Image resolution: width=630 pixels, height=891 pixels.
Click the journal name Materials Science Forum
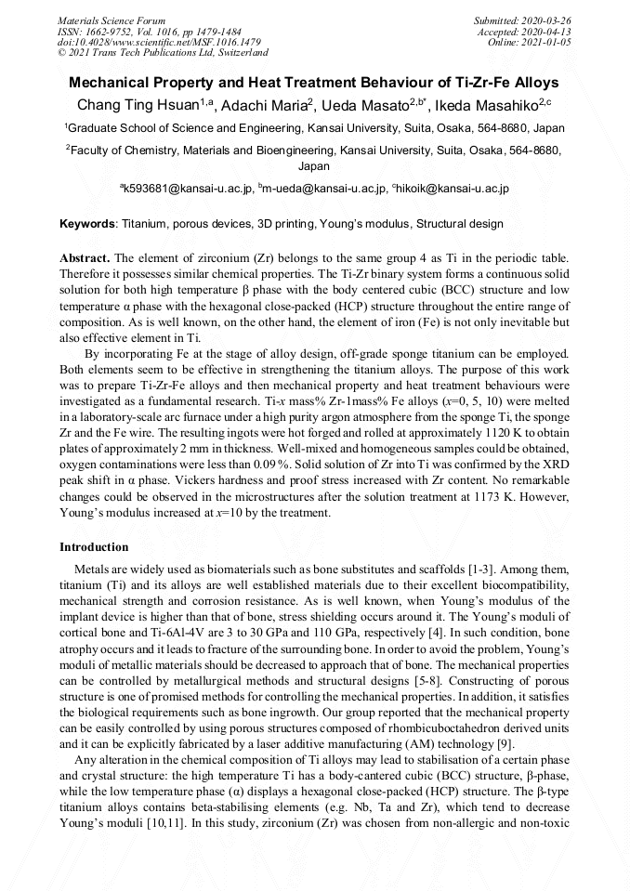click(x=112, y=20)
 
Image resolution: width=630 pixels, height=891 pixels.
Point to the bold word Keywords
click(x=88, y=224)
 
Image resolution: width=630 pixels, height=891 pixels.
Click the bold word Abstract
click(x=85, y=256)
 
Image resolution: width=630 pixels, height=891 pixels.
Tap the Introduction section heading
click(x=94, y=547)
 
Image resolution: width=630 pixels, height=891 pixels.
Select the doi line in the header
click(x=158, y=42)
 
